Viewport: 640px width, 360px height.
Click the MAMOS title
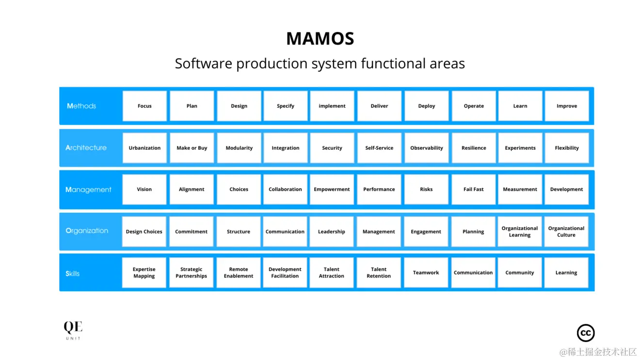320,39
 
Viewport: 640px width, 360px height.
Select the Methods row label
81,106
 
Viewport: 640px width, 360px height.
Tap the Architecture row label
86,148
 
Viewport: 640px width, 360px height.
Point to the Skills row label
72,273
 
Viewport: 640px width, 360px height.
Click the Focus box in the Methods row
144,106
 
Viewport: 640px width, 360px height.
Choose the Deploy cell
426,106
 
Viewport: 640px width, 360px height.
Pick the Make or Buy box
192,148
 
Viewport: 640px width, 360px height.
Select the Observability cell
426,148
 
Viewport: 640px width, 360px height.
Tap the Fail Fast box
473,189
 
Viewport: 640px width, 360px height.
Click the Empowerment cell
332,189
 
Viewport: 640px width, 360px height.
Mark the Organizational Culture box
566,232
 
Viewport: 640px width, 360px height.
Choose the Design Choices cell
144,232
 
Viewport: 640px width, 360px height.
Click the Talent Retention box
379,273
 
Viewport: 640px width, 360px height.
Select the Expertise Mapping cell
144,273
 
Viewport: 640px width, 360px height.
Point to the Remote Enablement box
239,273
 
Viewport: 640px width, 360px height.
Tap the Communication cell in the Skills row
473,273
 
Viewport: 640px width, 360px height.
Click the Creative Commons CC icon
586,333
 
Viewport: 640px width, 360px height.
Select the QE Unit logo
73,329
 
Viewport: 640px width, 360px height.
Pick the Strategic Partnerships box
191,273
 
